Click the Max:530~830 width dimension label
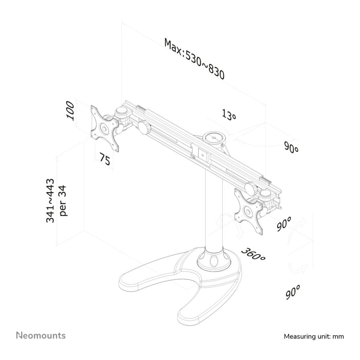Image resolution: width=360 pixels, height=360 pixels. [x=194, y=59]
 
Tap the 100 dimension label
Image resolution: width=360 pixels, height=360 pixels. [x=70, y=111]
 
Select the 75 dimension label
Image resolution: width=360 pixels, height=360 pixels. [x=105, y=158]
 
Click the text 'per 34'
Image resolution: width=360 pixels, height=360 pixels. [x=63, y=201]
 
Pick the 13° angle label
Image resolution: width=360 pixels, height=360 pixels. [x=229, y=114]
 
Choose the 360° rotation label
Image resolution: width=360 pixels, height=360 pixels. [x=253, y=254]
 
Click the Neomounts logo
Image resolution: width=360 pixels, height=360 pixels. [x=41, y=335]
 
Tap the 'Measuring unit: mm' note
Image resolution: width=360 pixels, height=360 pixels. [x=314, y=336]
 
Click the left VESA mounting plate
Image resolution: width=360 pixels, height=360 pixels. [x=105, y=129]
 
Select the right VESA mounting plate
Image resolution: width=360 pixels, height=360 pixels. [x=249, y=211]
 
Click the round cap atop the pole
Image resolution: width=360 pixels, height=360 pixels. [x=214, y=138]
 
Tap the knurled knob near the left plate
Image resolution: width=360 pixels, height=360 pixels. [x=144, y=127]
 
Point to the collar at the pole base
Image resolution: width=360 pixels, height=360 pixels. [x=214, y=260]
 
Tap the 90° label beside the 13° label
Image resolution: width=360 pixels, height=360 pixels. [x=291, y=147]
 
